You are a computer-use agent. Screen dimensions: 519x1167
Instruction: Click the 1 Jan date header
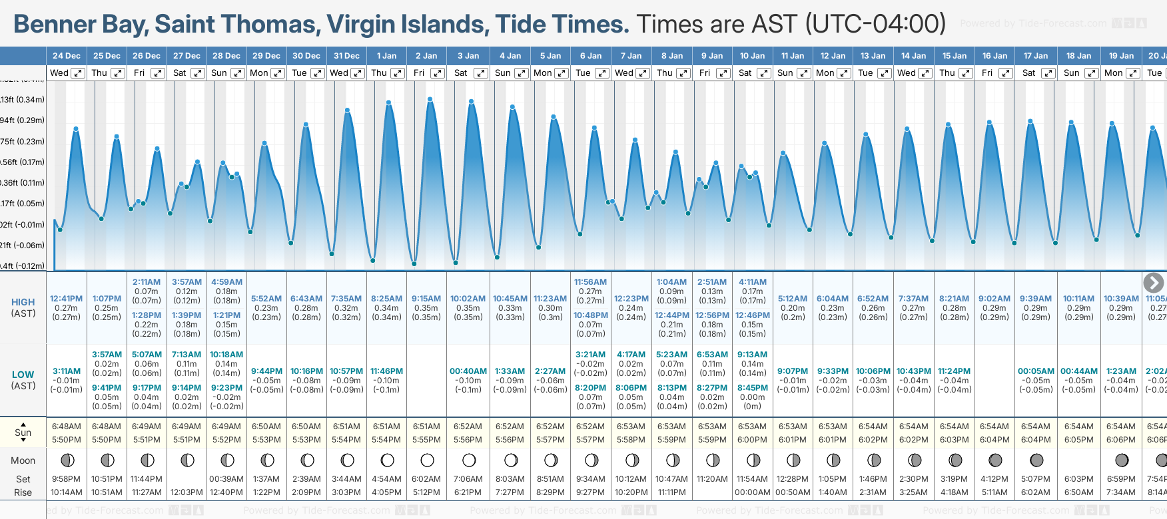[x=386, y=56]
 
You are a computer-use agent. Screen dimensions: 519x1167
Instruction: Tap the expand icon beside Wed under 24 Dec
[x=78, y=73]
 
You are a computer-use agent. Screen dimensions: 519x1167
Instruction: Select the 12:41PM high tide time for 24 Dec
[x=66, y=299]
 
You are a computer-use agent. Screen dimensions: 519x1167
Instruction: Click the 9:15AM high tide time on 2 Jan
[x=426, y=299]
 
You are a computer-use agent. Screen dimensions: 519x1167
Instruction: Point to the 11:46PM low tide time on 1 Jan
[x=386, y=371]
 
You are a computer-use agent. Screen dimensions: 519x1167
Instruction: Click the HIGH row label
[x=23, y=302]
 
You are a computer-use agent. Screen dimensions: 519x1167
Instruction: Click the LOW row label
[x=23, y=375]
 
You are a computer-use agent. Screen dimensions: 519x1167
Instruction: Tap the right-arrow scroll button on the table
[x=1153, y=283]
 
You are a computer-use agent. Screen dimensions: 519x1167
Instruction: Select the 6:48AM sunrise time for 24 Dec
[x=67, y=427]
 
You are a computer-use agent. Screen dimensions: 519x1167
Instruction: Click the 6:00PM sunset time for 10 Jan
[x=752, y=440]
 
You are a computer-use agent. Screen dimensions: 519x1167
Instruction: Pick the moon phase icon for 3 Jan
[x=469, y=460]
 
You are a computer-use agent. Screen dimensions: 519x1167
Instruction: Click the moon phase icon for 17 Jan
[x=1036, y=460]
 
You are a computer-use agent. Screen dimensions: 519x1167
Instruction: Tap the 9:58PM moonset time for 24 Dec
[x=66, y=479]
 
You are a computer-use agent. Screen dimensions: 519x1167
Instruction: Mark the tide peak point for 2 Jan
[x=430, y=99]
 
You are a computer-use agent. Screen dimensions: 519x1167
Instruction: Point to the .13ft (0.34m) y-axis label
[x=23, y=100]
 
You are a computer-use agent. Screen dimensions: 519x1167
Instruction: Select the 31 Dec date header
[x=346, y=56]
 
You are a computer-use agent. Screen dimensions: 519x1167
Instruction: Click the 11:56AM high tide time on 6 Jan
[x=590, y=282]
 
